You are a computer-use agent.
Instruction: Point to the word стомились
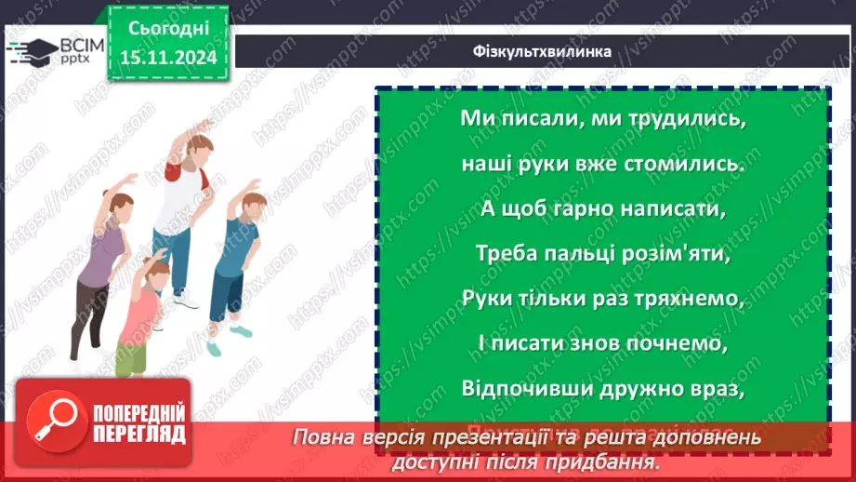[x=685, y=165]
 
